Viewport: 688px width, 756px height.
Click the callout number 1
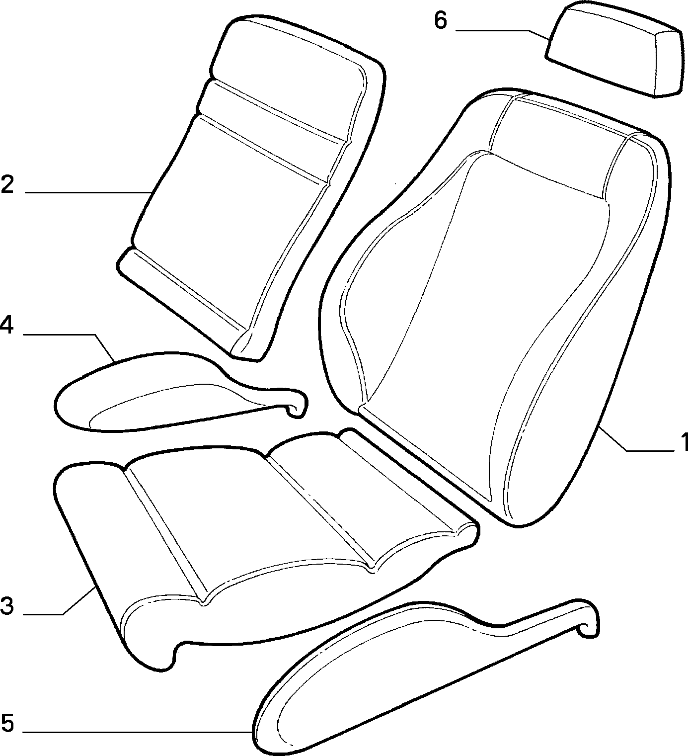(x=681, y=442)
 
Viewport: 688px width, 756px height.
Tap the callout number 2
(x=7, y=185)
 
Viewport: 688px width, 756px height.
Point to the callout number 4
(x=6, y=326)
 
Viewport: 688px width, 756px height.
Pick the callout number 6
(x=441, y=21)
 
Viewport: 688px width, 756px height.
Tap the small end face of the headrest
(x=669, y=64)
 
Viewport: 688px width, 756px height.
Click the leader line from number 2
(x=88, y=193)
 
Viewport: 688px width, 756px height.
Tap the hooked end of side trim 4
(x=298, y=405)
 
